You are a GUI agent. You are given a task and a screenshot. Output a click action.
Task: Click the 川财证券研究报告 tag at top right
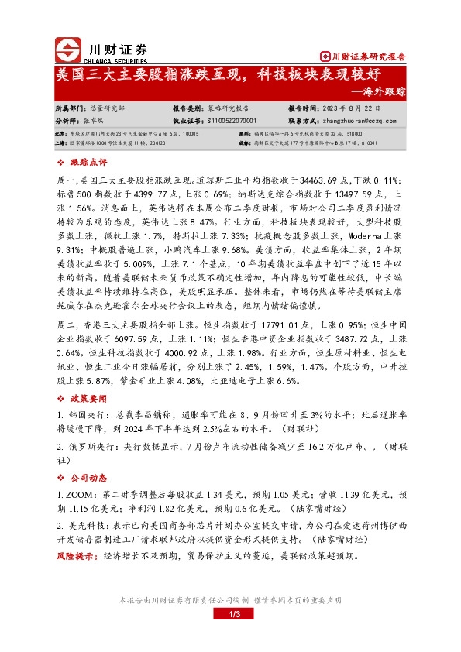(x=364, y=56)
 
